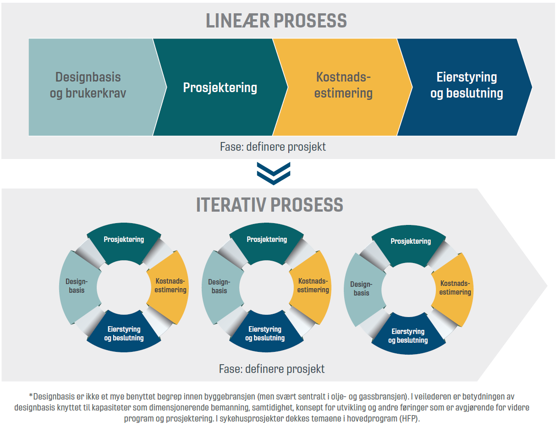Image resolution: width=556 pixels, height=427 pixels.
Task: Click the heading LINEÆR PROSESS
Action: [x=276, y=21]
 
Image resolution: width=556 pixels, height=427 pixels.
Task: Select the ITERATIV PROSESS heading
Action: [x=270, y=205]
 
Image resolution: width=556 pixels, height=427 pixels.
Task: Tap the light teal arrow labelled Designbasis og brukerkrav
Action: [x=91, y=86]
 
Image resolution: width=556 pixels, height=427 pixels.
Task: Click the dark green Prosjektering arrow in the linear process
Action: [x=220, y=88]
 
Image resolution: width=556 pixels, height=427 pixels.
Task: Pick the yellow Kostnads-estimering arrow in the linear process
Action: [x=344, y=86]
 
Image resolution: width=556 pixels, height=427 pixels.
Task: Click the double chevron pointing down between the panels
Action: [x=273, y=174]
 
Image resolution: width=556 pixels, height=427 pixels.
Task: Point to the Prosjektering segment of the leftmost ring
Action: [x=124, y=240]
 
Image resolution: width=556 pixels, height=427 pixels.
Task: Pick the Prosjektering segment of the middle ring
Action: [x=266, y=240]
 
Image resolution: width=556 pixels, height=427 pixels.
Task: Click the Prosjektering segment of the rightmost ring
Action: [x=410, y=242]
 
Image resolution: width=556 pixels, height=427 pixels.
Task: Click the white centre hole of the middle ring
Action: [x=266, y=287]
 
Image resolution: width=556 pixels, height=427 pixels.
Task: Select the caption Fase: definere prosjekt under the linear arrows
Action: [x=273, y=147]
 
